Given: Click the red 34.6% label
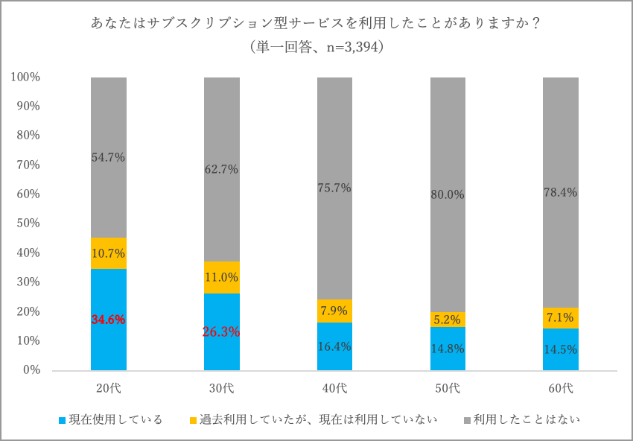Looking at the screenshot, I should tap(108, 320).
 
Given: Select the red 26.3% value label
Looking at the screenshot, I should tap(221, 332).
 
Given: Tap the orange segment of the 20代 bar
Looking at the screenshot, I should tap(109, 253).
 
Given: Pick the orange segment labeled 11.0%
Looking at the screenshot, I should tap(222, 277).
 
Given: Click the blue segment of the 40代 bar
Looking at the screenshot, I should tap(334, 346).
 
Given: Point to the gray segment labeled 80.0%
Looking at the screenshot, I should tap(448, 194).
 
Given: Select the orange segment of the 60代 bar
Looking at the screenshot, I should tap(560, 318).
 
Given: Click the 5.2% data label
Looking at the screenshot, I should tap(448, 320).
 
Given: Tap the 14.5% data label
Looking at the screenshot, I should tap(560, 349).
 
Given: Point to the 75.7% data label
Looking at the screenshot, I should tap(334, 188).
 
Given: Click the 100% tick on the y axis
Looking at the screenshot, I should tap(25, 77).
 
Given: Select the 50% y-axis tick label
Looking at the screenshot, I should tap(28, 223).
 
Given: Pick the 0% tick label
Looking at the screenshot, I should tap(31, 370).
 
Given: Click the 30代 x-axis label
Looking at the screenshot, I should tap(221, 388).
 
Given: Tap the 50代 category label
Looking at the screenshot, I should tap(448, 388).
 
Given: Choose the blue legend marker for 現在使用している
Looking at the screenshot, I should tap(63, 420).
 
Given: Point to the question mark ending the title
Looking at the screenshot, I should tap(536, 24).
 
